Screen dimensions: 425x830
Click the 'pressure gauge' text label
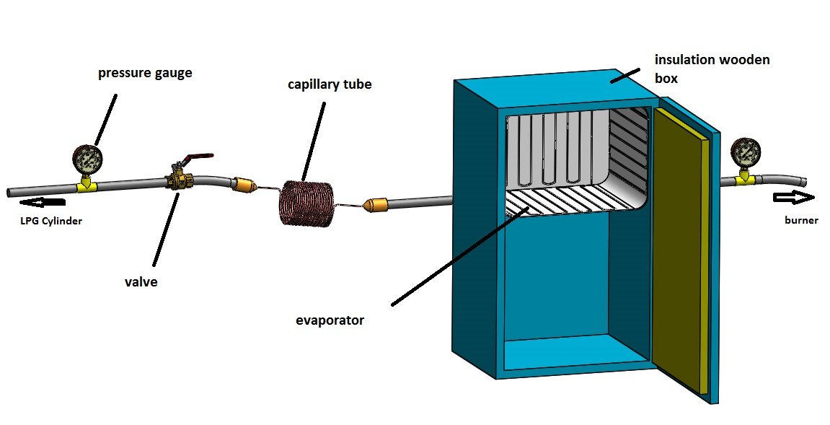145,74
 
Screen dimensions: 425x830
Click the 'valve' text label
141,282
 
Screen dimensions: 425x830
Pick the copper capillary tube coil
306,203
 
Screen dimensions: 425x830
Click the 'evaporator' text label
330,320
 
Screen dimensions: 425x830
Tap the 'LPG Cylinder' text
50,222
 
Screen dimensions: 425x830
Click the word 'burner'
801,220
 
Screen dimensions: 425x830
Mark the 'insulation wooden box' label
711,68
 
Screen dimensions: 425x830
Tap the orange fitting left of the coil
242,185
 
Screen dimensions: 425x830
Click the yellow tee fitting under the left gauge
87,186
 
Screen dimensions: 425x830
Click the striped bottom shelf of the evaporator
570,201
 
